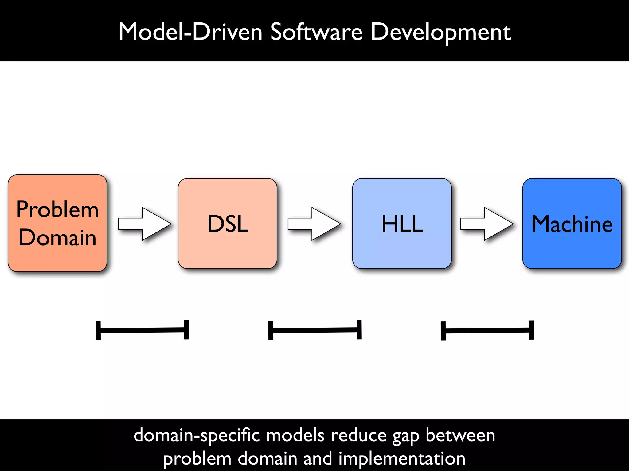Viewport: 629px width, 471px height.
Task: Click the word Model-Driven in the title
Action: (190, 32)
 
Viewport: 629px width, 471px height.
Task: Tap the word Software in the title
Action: (316, 32)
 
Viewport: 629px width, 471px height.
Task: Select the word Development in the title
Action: (440, 33)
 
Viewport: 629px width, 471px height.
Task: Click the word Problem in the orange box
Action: (57, 209)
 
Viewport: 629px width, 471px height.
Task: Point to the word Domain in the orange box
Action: (57, 238)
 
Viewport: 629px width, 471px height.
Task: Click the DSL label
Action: (228, 224)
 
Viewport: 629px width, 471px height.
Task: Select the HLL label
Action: (402, 224)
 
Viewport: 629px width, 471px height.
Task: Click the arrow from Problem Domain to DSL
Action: (144, 224)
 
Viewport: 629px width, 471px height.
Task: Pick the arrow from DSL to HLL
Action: (314, 224)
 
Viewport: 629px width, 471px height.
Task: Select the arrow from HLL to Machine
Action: (486, 224)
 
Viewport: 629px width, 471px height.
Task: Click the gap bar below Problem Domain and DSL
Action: (142, 330)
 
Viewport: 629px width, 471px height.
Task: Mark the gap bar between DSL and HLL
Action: (315, 330)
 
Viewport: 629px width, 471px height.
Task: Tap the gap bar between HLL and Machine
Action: (487, 331)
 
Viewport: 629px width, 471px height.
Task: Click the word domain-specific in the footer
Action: (197, 435)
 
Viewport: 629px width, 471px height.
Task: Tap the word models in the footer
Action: (295, 435)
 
